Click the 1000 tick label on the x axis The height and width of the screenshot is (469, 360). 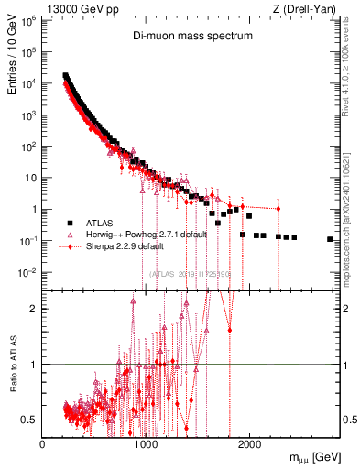(x=146, y=444)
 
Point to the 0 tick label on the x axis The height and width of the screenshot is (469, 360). (x=42, y=444)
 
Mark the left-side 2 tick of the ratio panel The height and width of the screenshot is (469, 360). (x=34, y=309)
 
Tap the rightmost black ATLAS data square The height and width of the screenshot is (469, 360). (x=330, y=239)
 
